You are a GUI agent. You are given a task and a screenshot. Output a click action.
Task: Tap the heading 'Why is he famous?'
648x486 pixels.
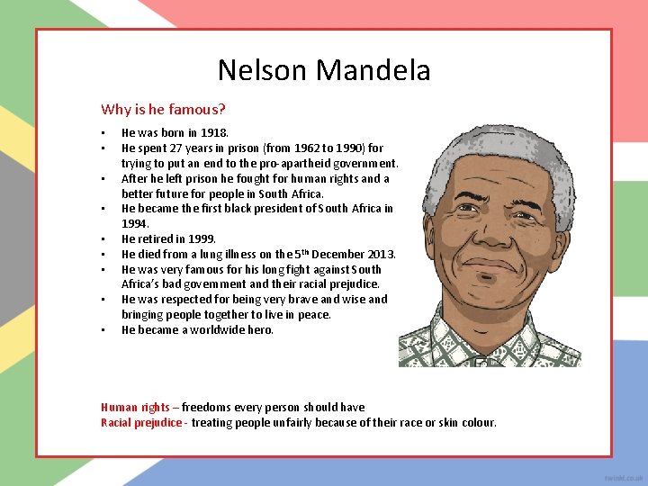[163, 110]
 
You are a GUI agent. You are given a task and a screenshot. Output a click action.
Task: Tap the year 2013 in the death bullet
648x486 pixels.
[379, 255]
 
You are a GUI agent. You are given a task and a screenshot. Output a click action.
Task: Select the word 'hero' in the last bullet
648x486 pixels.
[259, 330]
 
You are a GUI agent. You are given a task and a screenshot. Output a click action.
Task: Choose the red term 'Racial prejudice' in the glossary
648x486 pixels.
[140, 423]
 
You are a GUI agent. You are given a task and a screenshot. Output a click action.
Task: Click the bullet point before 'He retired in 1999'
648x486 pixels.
[103, 239]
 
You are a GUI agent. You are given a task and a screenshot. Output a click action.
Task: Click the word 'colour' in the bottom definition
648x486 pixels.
[475, 423]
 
